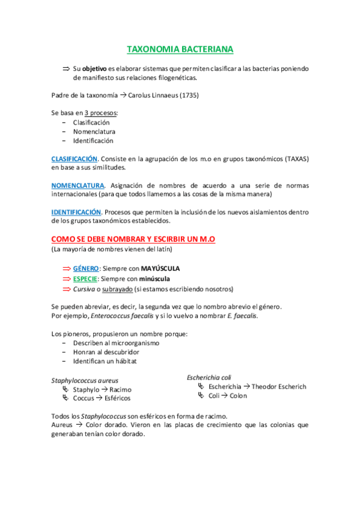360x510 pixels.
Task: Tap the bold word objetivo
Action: pos(94,69)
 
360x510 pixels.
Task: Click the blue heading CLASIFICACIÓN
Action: pos(75,158)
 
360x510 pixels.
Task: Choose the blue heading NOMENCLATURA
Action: pos(78,185)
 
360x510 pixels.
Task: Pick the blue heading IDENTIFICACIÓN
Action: pos(76,212)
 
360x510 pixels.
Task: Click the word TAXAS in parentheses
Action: pos(292,158)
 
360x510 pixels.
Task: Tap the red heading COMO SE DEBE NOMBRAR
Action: pos(133,239)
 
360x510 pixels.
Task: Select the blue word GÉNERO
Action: pos(85,268)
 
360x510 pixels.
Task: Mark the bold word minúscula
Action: pos(154,279)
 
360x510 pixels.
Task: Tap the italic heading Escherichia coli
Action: pos(209,378)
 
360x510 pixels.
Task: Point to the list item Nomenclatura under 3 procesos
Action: pos(94,131)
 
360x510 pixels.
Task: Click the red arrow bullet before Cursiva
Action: pos(66,290)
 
